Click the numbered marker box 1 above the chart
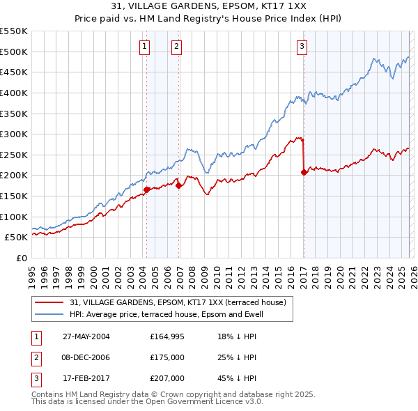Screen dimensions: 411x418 pos(144,47)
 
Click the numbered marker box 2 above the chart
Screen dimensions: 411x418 pos(177,47)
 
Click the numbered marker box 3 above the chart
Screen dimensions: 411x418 pos(302,47)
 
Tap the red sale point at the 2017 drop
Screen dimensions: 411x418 pos(304,172)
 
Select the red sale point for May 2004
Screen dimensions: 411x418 pos(146,189)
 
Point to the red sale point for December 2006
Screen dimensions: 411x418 pos(178,185)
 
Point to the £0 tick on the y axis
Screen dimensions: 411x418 pos(22,258)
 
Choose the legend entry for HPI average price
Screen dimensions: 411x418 pos(173,314)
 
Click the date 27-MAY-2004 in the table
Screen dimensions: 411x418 pos(86,336)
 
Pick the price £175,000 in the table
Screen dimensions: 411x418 pos(167,357)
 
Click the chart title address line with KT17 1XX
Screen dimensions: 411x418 pos(209,7)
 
